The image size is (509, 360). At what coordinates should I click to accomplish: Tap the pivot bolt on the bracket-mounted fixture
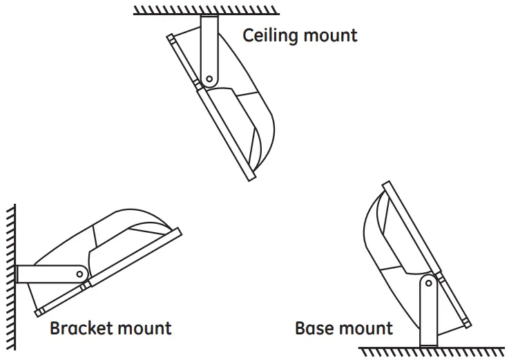point(79,274)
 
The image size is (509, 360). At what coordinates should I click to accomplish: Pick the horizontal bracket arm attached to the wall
point(48,274)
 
